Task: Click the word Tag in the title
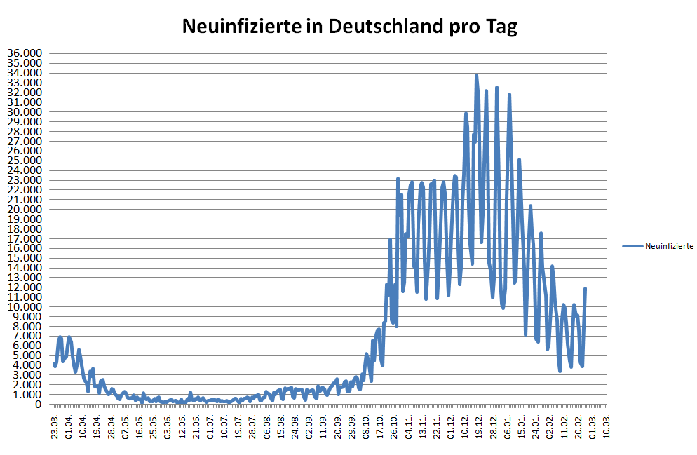[x=500, y=27]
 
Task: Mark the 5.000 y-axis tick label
[x=27, y=355]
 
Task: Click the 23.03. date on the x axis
[x=55, y=426]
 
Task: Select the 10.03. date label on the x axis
[x=607, y=426]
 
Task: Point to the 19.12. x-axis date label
[x=480, y=426]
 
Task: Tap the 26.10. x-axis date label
[x=395, y=426]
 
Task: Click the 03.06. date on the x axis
[x=168, y=426]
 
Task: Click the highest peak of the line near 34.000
[x=476, y=76]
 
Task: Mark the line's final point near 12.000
[x=585, y=288]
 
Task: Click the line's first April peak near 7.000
[x=60, y=338]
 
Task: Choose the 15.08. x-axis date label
[x=281, y=426]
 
